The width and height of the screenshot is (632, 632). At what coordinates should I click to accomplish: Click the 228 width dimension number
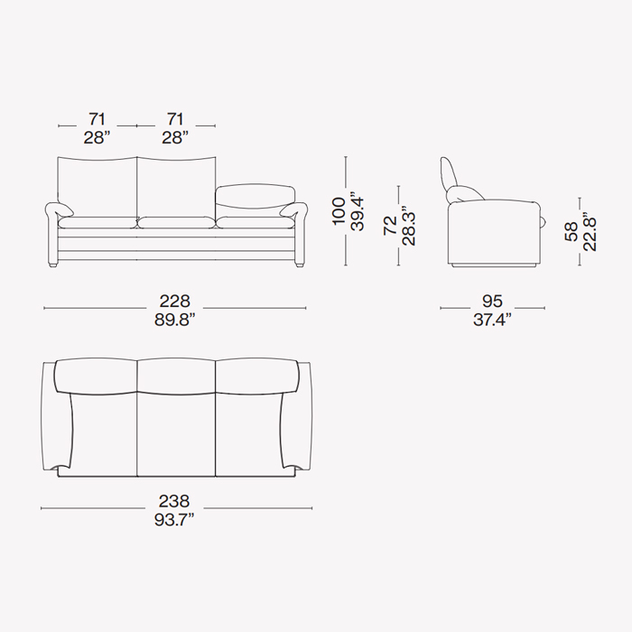coord(174,301)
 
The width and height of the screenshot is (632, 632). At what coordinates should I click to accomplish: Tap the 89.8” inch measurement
coord(174,320)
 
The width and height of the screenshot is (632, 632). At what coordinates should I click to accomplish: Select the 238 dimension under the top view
coord(174,501)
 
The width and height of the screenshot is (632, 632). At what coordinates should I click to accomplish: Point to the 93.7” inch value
coord(174,520)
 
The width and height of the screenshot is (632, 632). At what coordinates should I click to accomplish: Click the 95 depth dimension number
coord(492,301)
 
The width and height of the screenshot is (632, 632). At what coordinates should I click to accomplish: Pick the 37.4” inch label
coord(492,320)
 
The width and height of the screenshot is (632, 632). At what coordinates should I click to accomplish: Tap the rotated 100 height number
coord(339,210)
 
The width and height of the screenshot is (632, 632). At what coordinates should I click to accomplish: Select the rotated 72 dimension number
coord(390,226)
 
